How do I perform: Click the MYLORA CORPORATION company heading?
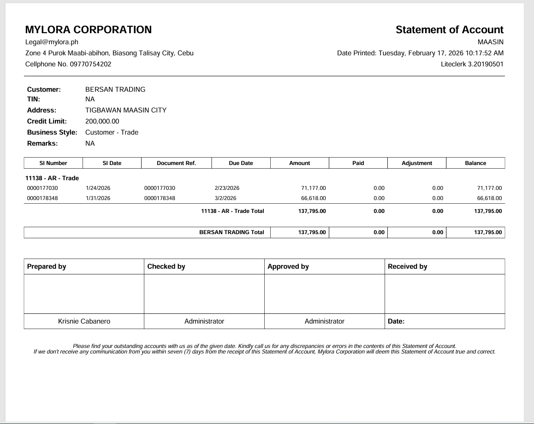coord(88,30)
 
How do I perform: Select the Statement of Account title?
coord(449,30)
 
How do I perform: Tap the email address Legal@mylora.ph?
coord(52,42)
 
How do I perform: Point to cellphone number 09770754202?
coord(90,64)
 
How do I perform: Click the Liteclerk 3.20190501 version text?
coord(472,64)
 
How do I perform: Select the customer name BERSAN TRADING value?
coord(115,89)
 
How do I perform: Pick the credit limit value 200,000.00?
coord(102,121)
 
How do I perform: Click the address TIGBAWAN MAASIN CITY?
coord(126,110)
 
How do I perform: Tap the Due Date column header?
coord(241,163)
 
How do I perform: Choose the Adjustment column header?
coord(417,163)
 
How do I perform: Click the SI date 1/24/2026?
coord(98,188)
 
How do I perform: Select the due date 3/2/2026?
coord(225,198)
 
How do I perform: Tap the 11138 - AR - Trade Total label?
coord(232,211)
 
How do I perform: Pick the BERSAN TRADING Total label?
coord(231,232)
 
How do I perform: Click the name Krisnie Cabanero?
coord(84,321)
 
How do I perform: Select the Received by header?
coord(408,266)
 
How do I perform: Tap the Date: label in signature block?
coord(396,321)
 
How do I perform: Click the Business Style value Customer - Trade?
coord(112,132)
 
